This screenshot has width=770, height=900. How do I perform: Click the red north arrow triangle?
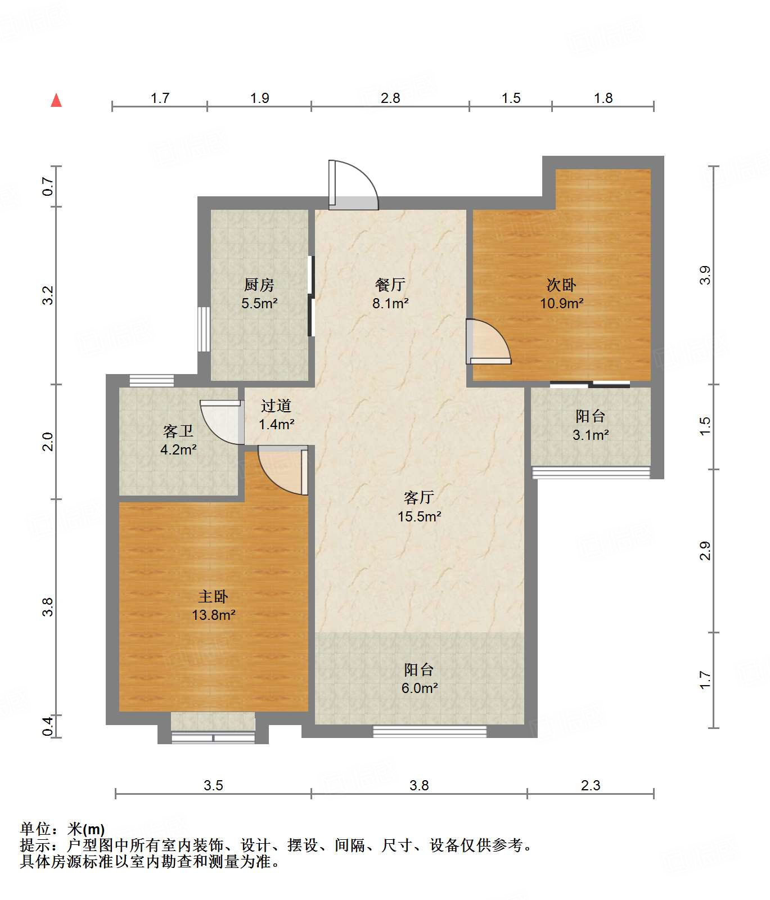pyautogui.click(x=56, y=100)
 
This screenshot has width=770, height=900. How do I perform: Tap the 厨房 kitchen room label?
pyautogui.click(x=259, y=285)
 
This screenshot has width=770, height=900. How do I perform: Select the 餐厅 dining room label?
pyautogui.click(x=390, y=285)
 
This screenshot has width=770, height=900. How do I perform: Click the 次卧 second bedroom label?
pyautogui.click(x=561, y=285)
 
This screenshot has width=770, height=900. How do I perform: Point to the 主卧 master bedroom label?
pyautogui.click(x=213, y=596)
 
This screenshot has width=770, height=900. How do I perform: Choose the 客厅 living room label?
pyautogui.click(x=419, y=497)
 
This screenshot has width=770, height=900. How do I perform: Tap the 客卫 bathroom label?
pyautogui.click(x=178, y=431)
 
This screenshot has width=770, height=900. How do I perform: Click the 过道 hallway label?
pyautogui.click(x=276, y=406)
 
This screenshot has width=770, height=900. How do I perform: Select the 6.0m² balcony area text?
pyautogui.click(x=420, y=688)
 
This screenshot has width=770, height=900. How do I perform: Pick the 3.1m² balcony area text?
pyautogui.click(x=591, y=435)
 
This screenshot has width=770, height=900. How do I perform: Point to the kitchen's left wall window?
pyautogui.click(x=204, y=329)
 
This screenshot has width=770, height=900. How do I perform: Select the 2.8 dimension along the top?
pyautogui.click(x=390, y=98)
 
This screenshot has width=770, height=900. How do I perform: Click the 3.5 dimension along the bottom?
pyautogui.click(x=213, y=785)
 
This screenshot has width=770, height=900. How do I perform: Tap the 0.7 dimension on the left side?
pyautogui.click(x=48, y=186)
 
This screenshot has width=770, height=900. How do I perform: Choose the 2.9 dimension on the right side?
pyautogui.click(x=705, y=551)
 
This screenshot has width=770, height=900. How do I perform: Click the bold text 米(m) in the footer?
pyautogui.click(x=86, y=829)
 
